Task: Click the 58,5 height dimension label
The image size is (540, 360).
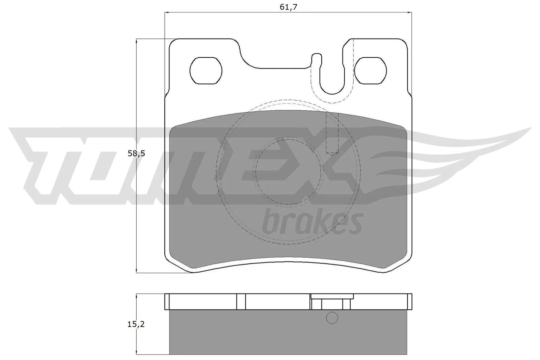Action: click(136, 154)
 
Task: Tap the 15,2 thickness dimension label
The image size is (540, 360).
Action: click(136, 324)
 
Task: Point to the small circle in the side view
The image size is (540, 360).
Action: click(332, 318)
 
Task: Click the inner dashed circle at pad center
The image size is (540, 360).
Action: click(288, 172)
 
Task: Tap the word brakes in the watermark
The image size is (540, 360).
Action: click(312, 223)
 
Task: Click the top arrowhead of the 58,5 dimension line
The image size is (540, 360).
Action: click(136, 40)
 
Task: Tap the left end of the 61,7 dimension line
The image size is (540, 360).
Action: click(165, 13)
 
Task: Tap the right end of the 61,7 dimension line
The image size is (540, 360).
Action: click(411, 13)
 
